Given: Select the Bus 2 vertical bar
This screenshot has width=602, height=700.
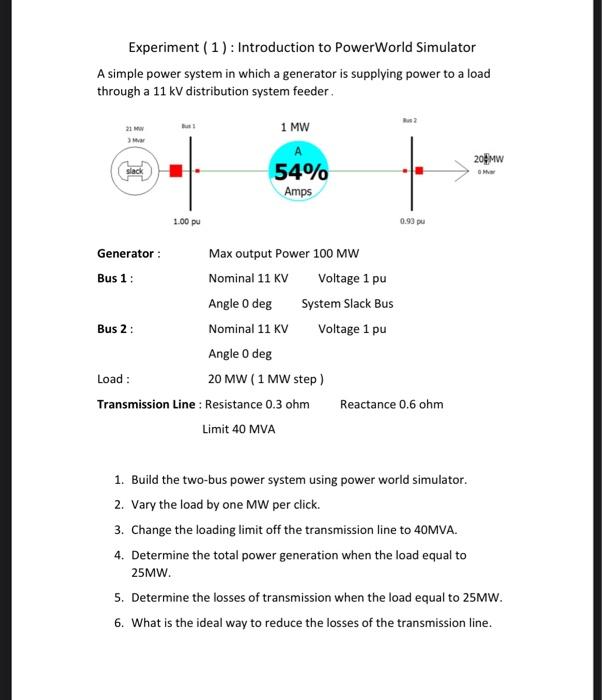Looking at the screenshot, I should [411, 170].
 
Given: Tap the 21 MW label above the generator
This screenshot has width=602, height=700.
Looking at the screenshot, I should [132, 130].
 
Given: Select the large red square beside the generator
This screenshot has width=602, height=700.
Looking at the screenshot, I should [176, 171].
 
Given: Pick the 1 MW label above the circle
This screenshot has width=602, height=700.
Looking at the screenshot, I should [295, 127].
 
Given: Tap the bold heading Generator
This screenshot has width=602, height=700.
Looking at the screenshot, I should [126, 254].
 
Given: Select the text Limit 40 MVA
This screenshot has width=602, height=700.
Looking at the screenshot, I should [239, 429].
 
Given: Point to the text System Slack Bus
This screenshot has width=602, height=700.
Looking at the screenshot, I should [347, 304].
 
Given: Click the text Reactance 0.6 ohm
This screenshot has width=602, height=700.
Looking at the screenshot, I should [392, 404].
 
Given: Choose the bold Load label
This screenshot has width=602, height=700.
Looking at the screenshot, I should [113, 379].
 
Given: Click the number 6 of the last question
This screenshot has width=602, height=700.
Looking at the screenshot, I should [118, 623].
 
